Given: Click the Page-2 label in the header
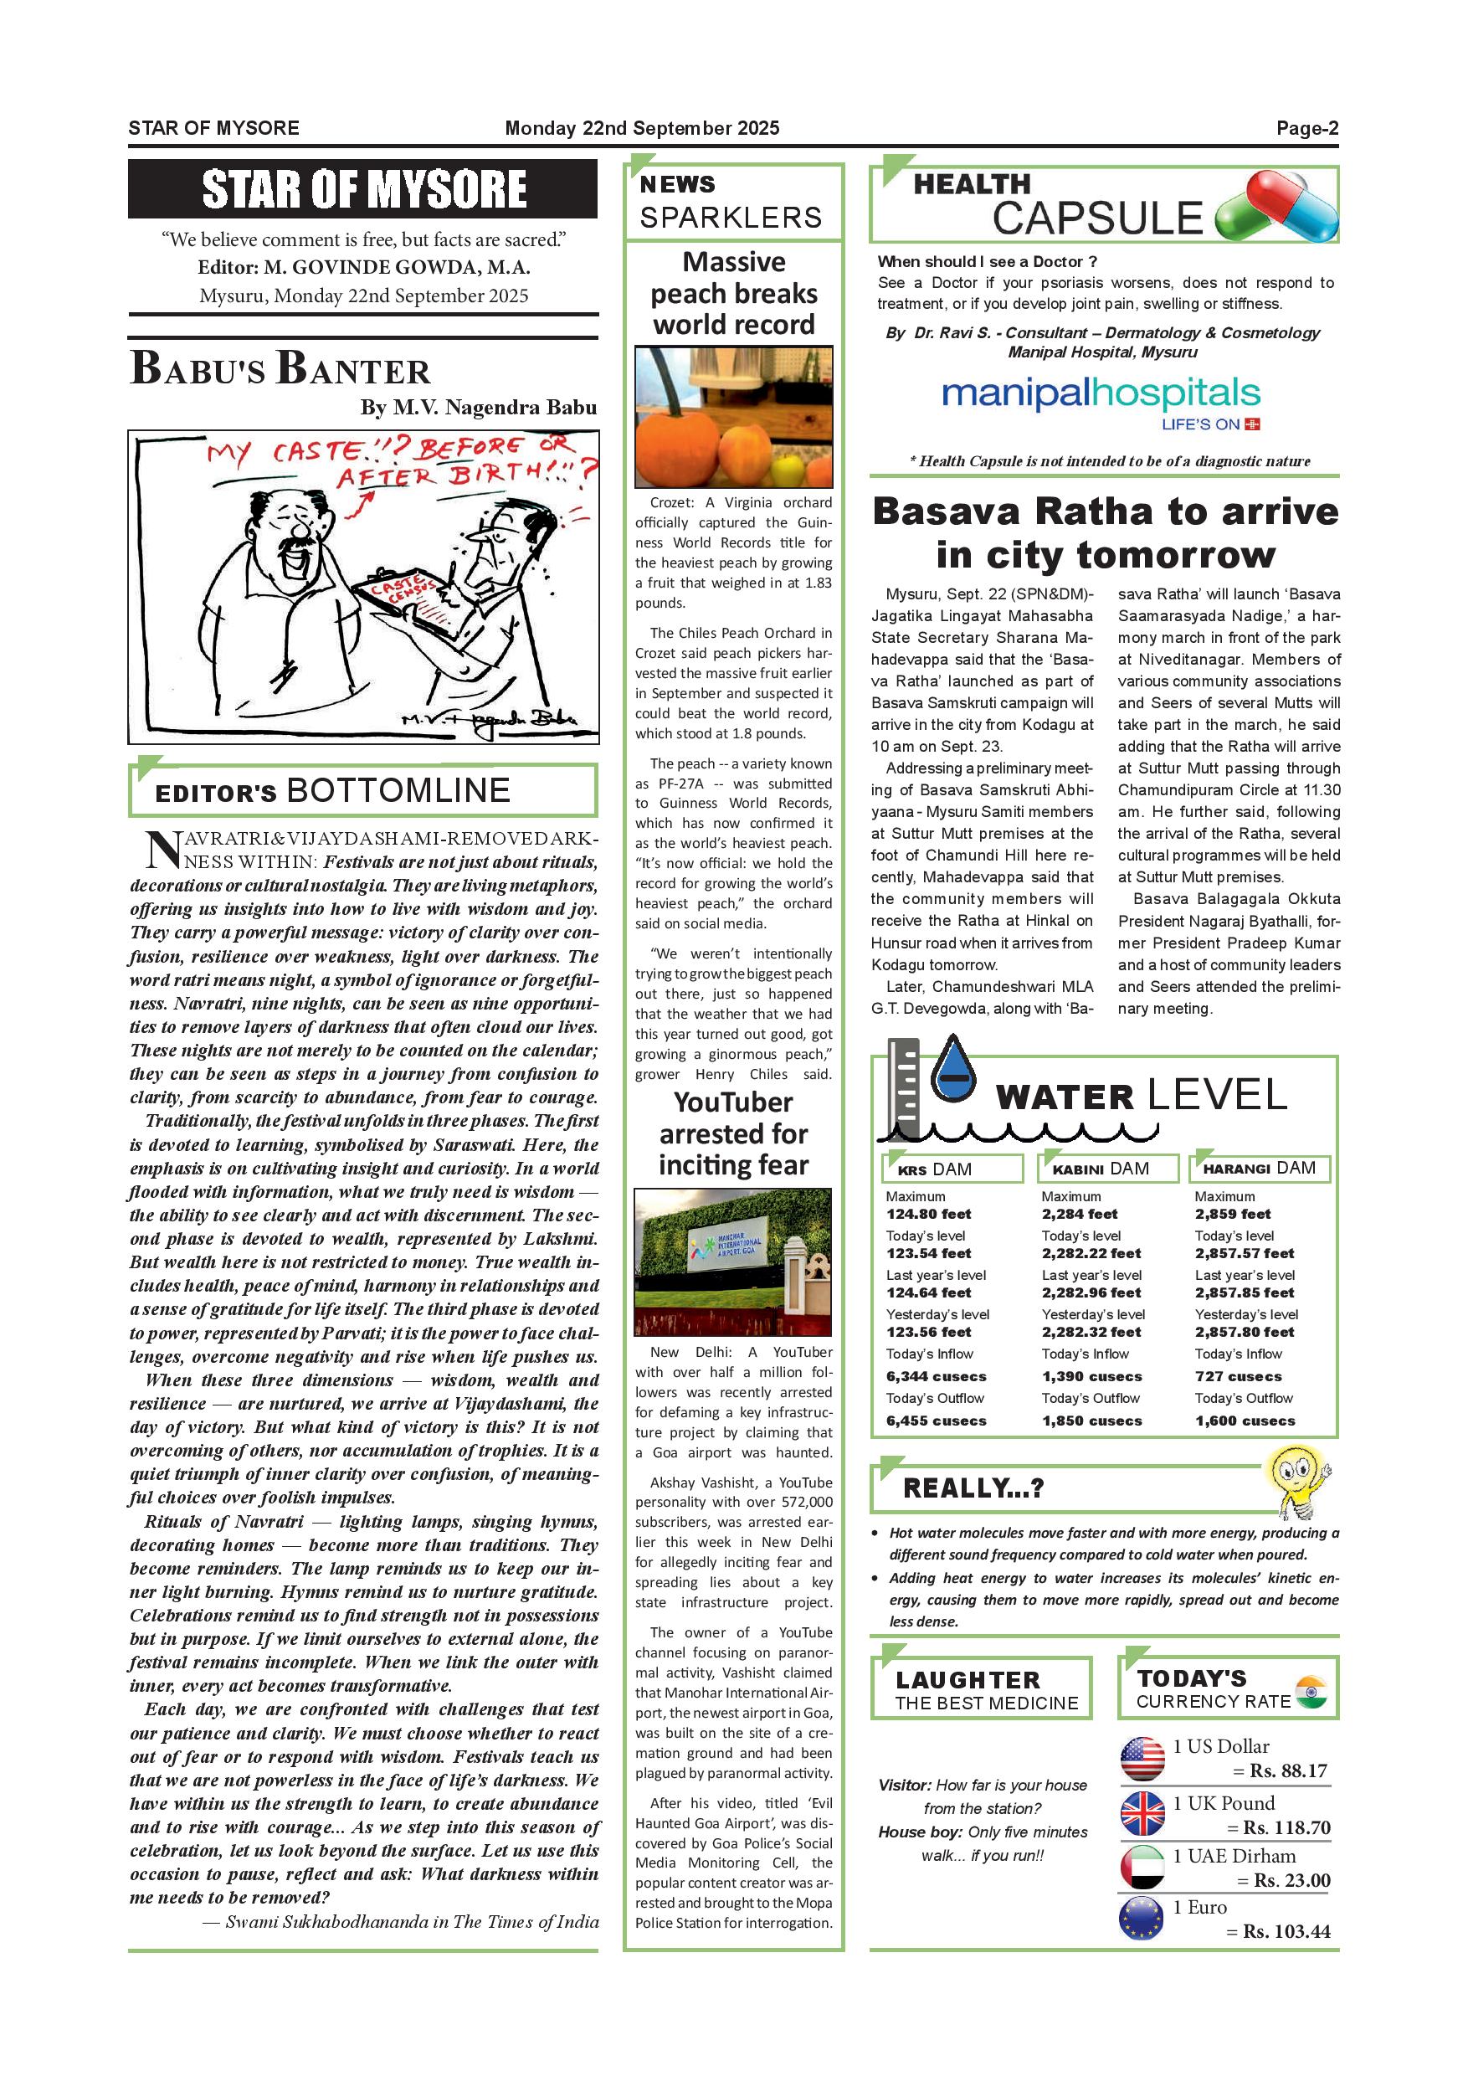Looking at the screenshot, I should point(1306,128).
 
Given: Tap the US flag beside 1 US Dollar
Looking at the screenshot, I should point(1142,1759).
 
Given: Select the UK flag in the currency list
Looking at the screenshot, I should point(1142,1813).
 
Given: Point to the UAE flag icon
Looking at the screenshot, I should point(1142,1866).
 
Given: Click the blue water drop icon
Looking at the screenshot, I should point(953,1072).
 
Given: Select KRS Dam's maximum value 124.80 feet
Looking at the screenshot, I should point(928,1215).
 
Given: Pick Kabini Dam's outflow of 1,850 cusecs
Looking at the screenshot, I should point(1092,1421).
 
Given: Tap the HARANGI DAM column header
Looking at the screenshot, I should point(1260,1169).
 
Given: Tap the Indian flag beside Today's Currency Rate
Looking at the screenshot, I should point(1310,1691).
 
